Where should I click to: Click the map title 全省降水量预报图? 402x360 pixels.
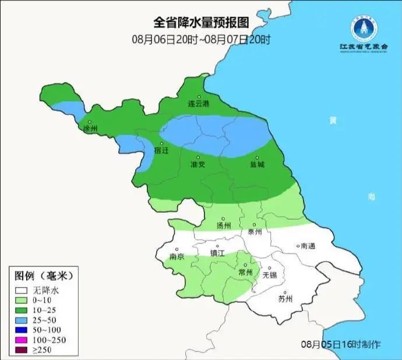tap(201, 23)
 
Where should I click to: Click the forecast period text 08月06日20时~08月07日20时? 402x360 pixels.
tap(201, 40)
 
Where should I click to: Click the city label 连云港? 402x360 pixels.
tap(198, 104)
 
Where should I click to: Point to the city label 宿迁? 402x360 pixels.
tap(161, 150)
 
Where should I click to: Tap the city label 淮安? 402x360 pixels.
tap(198, 164)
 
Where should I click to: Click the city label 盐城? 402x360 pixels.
tap(257, 164)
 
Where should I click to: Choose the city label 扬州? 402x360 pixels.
tap(224, 225)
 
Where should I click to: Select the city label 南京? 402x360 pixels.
tap(177, 256)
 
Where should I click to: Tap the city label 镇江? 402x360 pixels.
tap(217, 253)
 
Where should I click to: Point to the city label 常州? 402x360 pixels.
tap(246, 272)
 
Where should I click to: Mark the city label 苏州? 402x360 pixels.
tap(285, 299)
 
